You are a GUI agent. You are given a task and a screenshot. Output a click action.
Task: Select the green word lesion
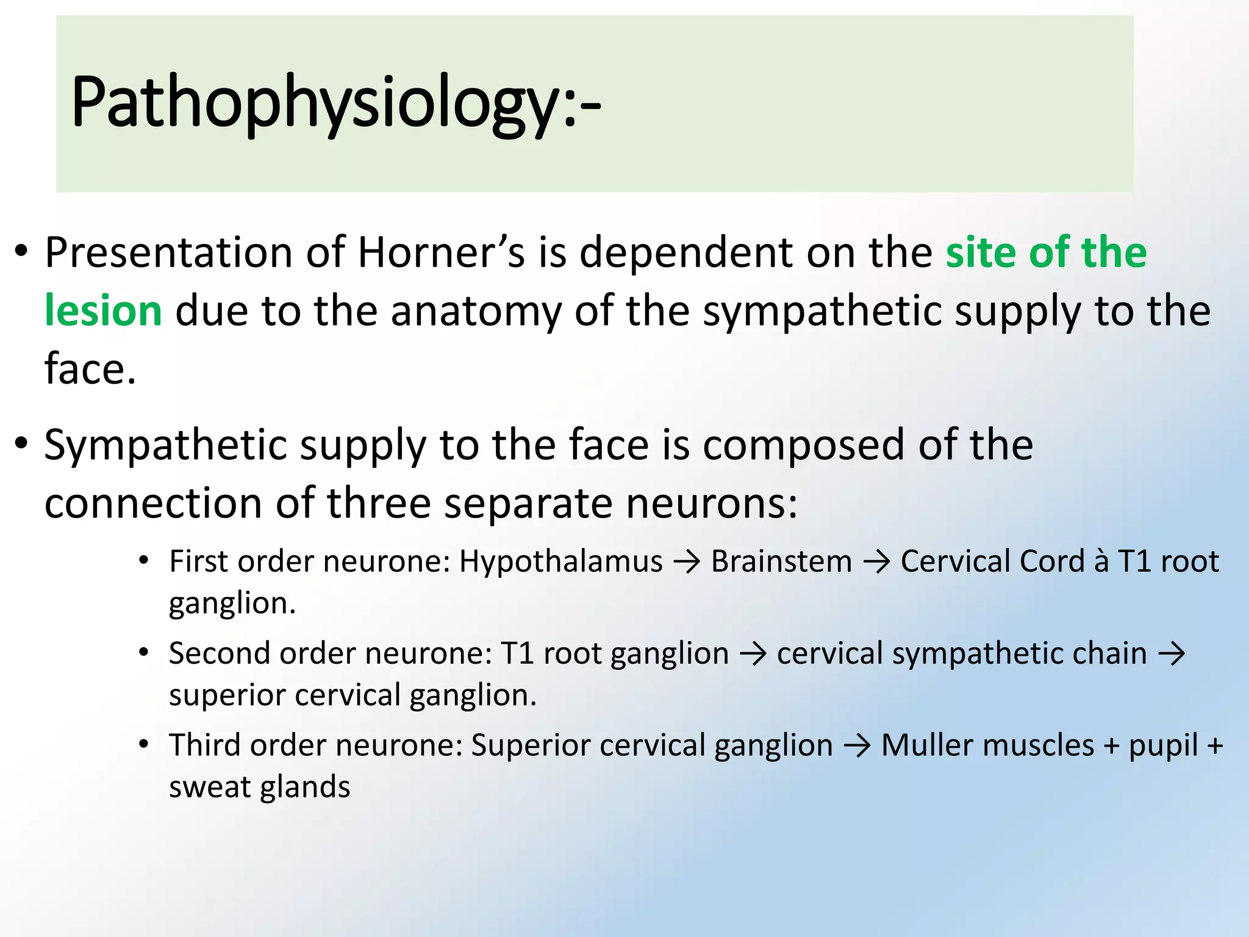[103, 311]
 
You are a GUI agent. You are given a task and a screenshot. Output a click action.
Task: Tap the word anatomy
[476, 312]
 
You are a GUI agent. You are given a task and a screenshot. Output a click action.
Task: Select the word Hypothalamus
[560, 561]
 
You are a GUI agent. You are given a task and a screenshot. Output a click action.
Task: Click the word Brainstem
[781, 561]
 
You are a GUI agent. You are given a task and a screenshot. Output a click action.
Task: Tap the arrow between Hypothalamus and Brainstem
[687, 562]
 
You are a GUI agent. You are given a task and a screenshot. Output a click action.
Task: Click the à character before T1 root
[1100, 561]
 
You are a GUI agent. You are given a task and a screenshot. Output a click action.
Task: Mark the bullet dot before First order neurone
[144, 561]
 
